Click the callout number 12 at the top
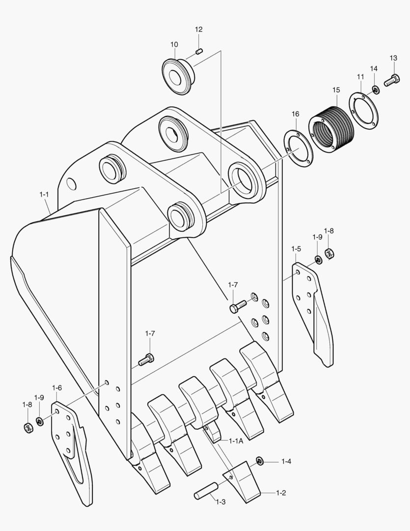click(198, 29)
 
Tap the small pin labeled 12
click(199, 51)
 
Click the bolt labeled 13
click(391, 79)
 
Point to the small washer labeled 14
click(375, 89)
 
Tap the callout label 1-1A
click(236, 441)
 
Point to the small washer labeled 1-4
click(260, 461)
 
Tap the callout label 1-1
click(44, 195)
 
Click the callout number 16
click(295, 114)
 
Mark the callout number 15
click(336, 90)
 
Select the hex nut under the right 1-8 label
click(330, 254)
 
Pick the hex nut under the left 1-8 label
click(28, 428)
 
